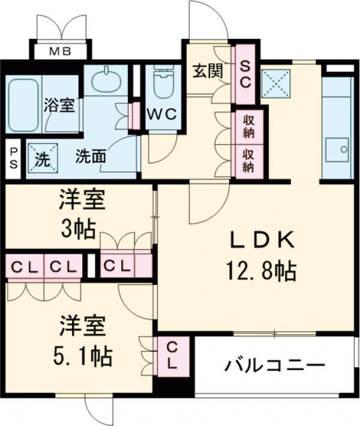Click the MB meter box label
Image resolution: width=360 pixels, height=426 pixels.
tap(61, 51)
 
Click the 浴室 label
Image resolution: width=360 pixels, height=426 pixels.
tap(59, 105)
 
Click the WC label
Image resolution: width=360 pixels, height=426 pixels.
tap(162, 114)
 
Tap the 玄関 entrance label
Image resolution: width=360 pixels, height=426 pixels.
tap(208, 71)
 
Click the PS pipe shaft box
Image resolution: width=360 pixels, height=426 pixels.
tap(13, 159)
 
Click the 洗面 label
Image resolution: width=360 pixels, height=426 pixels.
tap(91, 157)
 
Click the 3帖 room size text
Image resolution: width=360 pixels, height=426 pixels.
tap(77, 229)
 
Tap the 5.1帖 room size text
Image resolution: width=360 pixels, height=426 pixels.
tap(82, 357)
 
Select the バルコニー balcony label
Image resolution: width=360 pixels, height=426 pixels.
tap(275, 365)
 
